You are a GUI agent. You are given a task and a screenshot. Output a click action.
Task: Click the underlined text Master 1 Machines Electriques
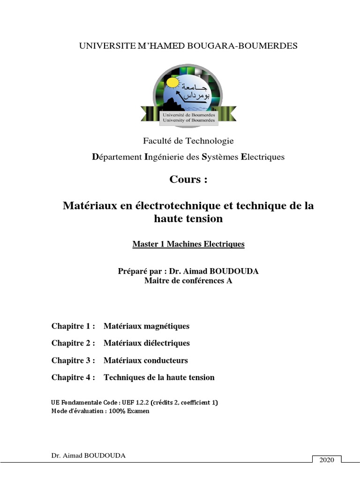[x=188, y=244]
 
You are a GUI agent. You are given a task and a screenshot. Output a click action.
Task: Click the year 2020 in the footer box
[x=326, y=460]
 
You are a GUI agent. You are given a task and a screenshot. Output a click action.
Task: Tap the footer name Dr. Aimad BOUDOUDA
[x=88, y=456]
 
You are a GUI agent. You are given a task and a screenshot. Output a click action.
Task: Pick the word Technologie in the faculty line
[x=210, y=141]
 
